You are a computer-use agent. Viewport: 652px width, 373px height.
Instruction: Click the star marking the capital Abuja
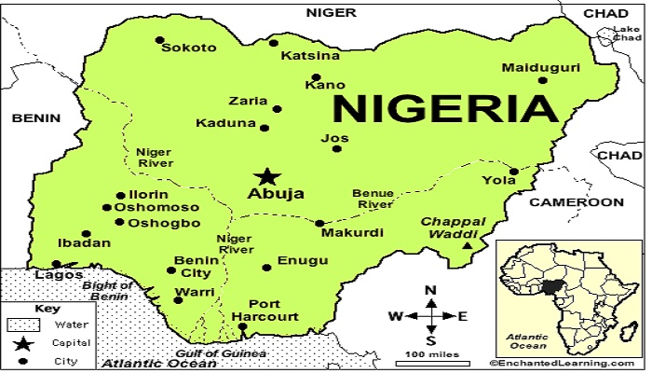pyautogui.click(x=267, y=176)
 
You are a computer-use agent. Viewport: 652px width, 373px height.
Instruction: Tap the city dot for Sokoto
pyautogui.click(x=160, y=40)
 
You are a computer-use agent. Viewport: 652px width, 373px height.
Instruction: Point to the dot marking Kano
pyautogui.click(x=317, y=77)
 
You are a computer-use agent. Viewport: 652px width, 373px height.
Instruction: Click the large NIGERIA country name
pyautogui.click(x=445, y=108)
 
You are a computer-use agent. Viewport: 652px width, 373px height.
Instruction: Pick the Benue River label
pyautogui.click(x=372, y=199)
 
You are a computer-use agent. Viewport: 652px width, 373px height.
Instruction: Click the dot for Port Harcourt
pyautogui.click(x=243, y=326)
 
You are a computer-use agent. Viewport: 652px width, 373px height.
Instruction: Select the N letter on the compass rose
pyautogui.click(x=430, y=290)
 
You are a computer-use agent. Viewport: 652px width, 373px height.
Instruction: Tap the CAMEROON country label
pyautogui.click(x=577, y=202)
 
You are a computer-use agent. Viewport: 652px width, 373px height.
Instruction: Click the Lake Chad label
pyautogui.click(x=626, y=35)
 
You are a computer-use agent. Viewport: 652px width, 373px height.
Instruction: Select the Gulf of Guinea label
pyautogui.click(x=222, y=353)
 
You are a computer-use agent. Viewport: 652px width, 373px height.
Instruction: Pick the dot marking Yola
pyautogui.click(x=512, y=171)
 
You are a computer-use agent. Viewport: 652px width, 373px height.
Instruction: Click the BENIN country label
pyautogui.click(x=35, y=118)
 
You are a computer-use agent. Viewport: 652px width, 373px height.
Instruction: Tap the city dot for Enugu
pyautogui.click(x=267, y=268)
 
